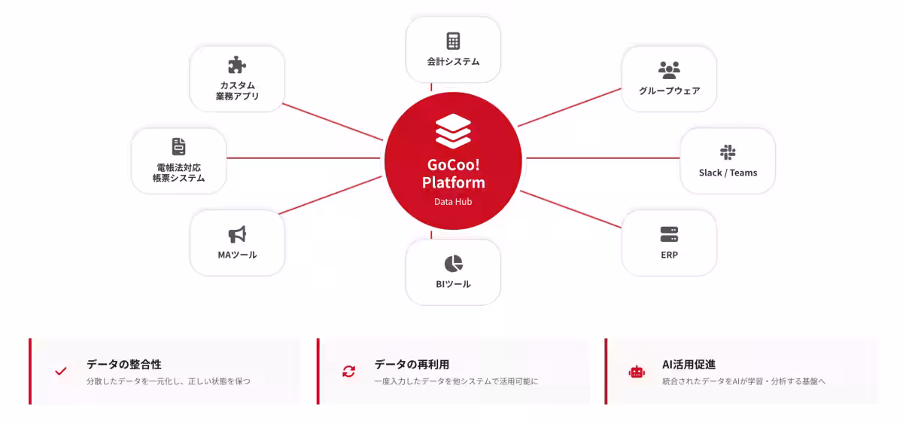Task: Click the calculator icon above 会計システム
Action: click(x=453, y=41)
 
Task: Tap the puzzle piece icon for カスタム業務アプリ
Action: click(x=237, y=65)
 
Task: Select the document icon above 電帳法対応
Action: click(x=178, y=146)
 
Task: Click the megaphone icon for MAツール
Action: click(x=237, y=234)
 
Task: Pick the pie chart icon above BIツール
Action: click(x=454, y=264)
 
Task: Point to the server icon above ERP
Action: click(x=669, y=234)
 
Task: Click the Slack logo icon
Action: click(x=728, y=152)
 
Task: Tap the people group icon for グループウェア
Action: click(x=669, y=70)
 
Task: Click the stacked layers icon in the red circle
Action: click(x=453, y=131)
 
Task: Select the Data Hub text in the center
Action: click(x=453, y=201)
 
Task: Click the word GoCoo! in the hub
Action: click(x=454, y=165)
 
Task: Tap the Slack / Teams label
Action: click(x=728, y=173)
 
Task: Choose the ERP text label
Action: click(x=669, y=255)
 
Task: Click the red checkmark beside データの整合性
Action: click(x=61, y=371)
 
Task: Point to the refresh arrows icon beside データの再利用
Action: click(x=348, y=371)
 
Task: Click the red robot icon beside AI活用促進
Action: click(x=637, y=372)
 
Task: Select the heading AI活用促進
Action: click(x=689, y=364)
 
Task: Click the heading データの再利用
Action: click(x=412, y=364)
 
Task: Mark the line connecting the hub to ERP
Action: click(x=571, y=209)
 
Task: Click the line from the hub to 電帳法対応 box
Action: click(x=303, y=158)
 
